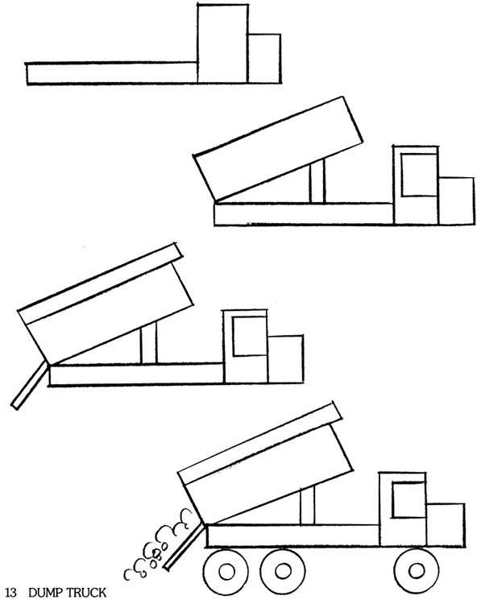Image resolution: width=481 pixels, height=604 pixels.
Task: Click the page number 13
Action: tap(11, 593)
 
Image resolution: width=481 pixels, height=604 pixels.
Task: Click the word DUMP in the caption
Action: tap(45, 593)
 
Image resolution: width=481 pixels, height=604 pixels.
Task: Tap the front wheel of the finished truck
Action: tap(417, 571)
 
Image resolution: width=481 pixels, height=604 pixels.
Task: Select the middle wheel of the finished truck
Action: tap(283, 571)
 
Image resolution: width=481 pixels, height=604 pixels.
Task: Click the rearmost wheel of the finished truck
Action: tap(226, 571)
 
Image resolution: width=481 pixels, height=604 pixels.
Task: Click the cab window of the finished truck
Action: tap(408, 499)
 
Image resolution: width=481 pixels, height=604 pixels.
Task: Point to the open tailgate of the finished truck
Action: tap(184, 546)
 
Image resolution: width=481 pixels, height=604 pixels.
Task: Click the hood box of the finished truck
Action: tap(446, 524)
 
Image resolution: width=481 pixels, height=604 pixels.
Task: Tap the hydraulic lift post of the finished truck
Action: tap(307, 506)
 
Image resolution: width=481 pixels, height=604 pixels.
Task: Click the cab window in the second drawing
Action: tap(419, 175)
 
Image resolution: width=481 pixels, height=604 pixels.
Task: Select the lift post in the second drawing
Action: tap(317, 181)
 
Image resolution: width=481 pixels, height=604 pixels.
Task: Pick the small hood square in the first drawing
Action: tap(264, 59)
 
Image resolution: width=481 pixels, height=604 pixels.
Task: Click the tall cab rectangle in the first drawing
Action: tap(222, 43)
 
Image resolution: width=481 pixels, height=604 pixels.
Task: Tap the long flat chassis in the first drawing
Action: tap(112, 73)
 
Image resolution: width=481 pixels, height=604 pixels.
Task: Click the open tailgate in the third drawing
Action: tap(30, 386)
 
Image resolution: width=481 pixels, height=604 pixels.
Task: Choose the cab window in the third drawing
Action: tap(250, 336)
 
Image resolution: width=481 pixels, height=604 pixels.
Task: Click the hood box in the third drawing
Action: tap(285, 359)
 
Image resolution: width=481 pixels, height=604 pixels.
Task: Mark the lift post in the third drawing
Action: tap(149, 344)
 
